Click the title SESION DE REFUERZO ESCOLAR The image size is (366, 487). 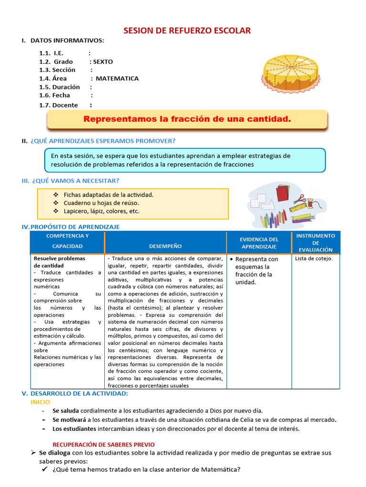pos(187,31)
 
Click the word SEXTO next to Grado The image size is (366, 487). pos(103,62)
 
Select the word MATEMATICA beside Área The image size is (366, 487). pos(117,78)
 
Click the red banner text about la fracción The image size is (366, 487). pos(187,119)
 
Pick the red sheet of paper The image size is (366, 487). pos(282,193)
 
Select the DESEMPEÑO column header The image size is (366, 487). pos(165,246)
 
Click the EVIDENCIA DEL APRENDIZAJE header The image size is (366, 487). pos(259,243)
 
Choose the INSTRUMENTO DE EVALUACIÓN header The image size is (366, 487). pos(315,243)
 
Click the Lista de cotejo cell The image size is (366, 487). pos(314,259)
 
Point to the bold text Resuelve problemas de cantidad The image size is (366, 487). pos(59,262)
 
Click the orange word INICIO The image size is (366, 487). pos(41,402)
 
